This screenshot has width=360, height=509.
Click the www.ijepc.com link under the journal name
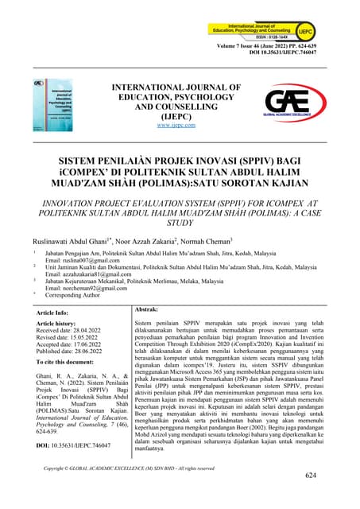pos(176,125)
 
